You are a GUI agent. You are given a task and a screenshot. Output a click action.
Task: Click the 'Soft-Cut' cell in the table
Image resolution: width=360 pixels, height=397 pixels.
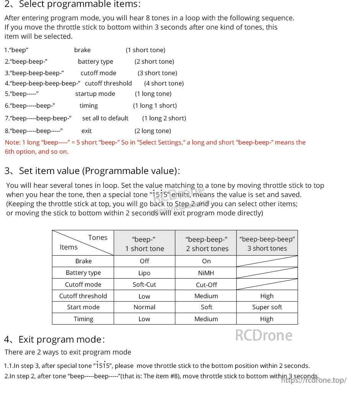[x=144, y=284]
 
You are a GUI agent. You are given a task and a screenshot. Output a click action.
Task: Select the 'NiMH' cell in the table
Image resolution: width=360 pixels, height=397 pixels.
[x=206, y=273]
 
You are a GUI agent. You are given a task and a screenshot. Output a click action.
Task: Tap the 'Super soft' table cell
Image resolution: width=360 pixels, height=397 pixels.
[x=267, y=307]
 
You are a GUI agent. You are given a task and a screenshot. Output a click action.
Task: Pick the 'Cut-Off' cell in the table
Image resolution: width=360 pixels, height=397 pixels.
[x=206, y=285]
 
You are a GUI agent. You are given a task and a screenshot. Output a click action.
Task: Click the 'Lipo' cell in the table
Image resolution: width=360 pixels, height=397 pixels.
[x=144, y=273]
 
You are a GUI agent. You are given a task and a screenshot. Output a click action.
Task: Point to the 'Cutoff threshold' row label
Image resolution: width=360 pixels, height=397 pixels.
[x=83, y=296]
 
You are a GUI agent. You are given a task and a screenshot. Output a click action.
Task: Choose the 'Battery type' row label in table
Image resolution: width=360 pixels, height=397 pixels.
[x=83, y=272]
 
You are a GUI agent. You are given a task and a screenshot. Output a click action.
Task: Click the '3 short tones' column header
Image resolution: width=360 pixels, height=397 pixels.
[x=267, y=244]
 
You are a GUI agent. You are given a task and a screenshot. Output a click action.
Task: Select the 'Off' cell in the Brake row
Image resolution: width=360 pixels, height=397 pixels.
[x=144, y=261]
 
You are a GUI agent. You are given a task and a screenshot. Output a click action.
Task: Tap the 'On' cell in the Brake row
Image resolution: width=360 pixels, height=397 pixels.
[x=206, y=261]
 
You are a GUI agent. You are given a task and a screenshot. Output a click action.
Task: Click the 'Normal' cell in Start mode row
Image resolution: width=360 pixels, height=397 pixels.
[x=144, y=307]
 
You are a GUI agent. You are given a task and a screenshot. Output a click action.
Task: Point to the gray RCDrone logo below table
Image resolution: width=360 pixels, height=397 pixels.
[x=263, y=335]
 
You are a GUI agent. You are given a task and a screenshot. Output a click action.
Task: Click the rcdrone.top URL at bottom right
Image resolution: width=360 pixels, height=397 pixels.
[x=314, y=380]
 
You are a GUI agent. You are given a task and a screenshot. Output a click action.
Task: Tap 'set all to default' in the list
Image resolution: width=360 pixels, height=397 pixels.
[x=105, y=118]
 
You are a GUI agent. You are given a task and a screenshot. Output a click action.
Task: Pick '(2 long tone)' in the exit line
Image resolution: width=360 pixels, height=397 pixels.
[x=153, y=131]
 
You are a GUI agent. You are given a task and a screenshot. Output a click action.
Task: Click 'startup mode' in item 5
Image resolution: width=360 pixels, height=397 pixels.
[x=95, y=94]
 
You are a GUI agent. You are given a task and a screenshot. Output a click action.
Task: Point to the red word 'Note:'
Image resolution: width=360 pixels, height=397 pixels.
[x=13, y=142]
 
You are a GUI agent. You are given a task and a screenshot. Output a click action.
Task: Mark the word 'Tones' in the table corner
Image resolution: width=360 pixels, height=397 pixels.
[x=98, y=238]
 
